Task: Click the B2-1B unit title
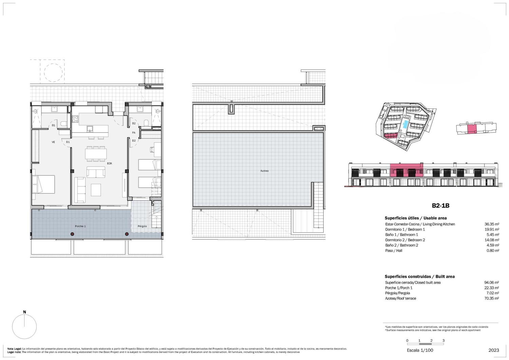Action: click(x=440, y=205)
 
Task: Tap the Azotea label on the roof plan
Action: click(x=264, y=171)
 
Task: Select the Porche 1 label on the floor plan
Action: click(x=80, y=226)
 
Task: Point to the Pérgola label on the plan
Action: click(x=142, y=226)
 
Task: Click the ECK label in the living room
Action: click(x=110, y=163)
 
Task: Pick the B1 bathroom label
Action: click(x=53, y=125)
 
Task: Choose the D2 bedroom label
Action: click(x=134, y=141)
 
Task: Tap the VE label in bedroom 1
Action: click(x=53, y=142)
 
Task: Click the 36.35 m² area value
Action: click(x=492, y=224)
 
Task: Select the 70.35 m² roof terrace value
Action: click(x=492, y=299)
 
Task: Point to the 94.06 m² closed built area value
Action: click(x=492, y=283)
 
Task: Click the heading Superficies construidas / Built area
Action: click(x=420, y=276)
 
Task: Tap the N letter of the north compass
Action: click(x=24, y=312)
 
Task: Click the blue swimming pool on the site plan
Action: click(x=405, y=125)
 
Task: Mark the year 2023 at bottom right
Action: click(x=494, y=350)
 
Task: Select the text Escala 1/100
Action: click(x=420, y=350)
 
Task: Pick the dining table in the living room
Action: click(x=96, y=154)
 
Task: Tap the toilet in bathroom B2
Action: click(x=147, y=123)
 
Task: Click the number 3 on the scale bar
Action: click(x=443, y=340)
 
